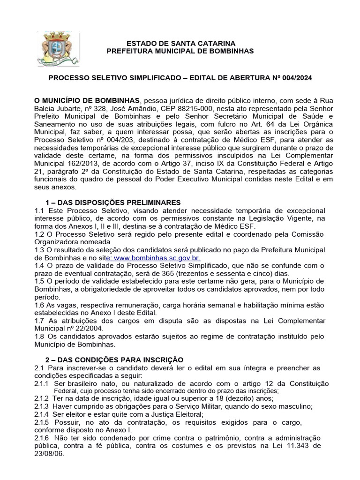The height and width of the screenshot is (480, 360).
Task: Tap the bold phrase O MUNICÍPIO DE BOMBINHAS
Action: pyautogui.click(x=87, y=100)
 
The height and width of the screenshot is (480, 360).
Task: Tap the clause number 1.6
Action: pyautogui.click(x=40, y=305)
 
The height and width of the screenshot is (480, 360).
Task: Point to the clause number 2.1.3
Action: pyautogui.click(x=43, y=406)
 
